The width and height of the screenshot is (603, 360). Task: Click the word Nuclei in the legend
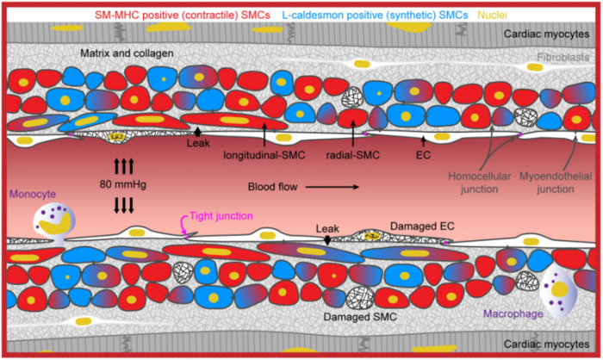492,15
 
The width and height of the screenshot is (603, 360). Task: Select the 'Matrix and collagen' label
127,53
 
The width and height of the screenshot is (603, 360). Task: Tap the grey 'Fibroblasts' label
563,58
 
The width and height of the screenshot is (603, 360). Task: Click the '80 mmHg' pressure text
123,184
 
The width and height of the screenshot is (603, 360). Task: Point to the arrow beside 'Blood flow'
333,187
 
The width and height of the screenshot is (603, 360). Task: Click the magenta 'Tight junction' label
221,216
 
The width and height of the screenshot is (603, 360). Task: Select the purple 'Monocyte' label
33,194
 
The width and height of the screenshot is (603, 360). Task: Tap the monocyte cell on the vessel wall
53,224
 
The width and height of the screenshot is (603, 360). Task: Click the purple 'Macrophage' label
513,313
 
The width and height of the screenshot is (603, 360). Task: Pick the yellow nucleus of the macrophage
560,289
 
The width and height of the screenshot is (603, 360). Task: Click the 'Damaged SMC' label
360,317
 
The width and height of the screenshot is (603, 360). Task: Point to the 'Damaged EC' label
422,227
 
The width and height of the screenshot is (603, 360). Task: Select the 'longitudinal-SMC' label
264,155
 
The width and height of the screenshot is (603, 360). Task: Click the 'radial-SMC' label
352,155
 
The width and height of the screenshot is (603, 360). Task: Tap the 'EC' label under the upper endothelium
423,155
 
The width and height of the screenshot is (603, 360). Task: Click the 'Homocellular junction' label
479,183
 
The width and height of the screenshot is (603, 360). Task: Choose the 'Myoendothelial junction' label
556,183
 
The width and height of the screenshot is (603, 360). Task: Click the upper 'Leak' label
198,143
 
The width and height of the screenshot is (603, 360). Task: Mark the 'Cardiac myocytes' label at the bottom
546,344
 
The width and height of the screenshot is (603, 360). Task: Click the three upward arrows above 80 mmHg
123,166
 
